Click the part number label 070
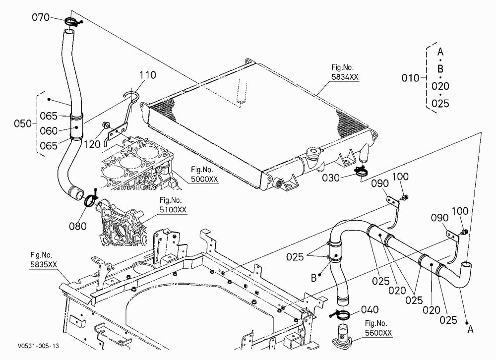coord(41,17)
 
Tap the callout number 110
coord(148,75)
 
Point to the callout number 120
coord(92,144)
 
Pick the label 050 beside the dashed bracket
coord(23,123)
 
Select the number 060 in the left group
coord(49,130)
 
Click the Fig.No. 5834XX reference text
coord(345,72)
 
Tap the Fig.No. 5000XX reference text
coord(204,175)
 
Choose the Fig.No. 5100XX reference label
coord(173,205)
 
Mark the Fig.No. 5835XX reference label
coord(44,260)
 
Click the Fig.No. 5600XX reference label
coord(378,328)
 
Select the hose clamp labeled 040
coord(342,314)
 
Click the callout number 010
coord(410,78)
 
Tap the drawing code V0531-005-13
coord(39,346)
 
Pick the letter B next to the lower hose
coord(313,278)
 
